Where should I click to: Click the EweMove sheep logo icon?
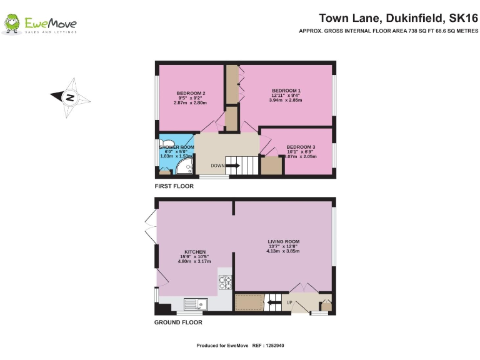click(x=12, y=24)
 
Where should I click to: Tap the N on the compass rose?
click(x=71, y=97)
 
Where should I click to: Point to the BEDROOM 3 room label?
click(x=301, y=147)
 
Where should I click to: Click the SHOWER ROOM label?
click(x=177, y=147)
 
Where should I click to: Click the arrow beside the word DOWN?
click(x=232, y=166)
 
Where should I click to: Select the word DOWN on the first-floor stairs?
click(x=217, y=166)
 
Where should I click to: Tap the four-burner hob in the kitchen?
click(x=225, y=283)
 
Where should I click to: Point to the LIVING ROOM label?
click(x=284, y=241)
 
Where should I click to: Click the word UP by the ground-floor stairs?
click(x=289, y=303)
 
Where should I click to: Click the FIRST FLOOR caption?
click(x=174, y=186)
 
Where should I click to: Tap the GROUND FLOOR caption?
click(x=178, y=322)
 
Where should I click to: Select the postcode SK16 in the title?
click(x=458, y=17)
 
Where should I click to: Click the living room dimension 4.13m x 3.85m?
click(x=284, y=251)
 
